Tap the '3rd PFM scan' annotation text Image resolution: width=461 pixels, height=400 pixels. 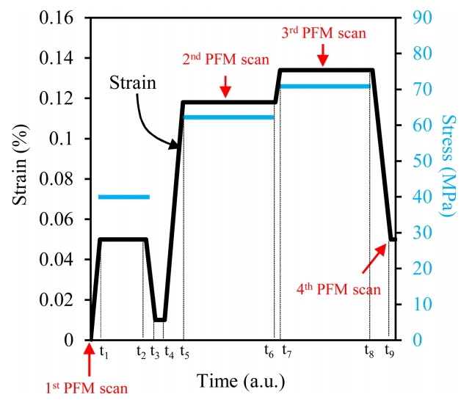(x=324, y=33)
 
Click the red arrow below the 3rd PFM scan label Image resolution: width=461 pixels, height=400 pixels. (x=324, y=54)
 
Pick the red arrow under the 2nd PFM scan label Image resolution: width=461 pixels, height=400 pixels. (x=225, y=87)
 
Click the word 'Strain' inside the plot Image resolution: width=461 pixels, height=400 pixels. (x=133, y=82)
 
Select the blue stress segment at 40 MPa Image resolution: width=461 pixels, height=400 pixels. (x=124, y=197)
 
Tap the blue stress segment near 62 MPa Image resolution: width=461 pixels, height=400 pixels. (x=228, y=117)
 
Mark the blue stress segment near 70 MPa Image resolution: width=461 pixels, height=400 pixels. (x=324, y=87)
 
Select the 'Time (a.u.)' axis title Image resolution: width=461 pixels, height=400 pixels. (x=240, y=382)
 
